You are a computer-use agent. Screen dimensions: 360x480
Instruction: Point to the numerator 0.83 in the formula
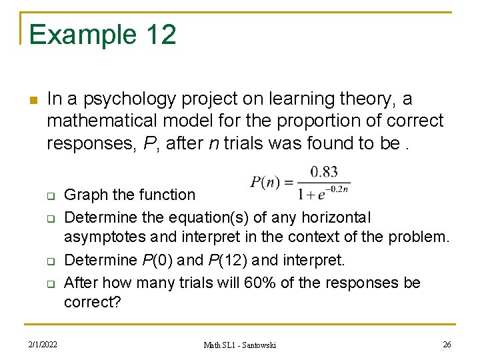pos(324,172)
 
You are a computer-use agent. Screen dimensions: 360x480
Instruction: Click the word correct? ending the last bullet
pos(92,302)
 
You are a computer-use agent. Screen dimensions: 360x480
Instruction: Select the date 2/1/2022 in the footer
pos(42,345)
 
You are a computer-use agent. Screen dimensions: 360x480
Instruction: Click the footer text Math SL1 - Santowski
pos(239,345)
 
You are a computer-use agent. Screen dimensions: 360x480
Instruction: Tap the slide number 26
pos(447,345)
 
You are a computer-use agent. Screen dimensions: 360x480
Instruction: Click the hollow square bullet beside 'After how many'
pos(49,284)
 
